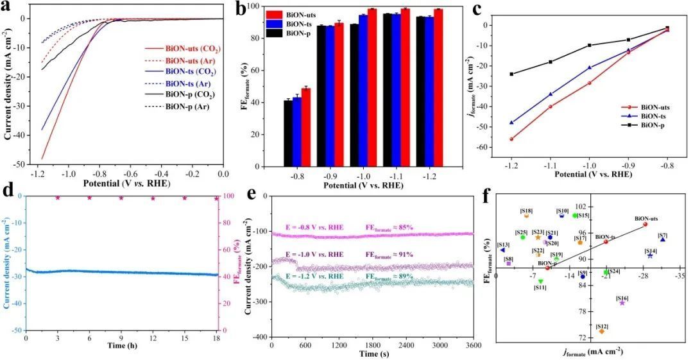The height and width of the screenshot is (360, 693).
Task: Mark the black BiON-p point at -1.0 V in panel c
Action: tap(589, 45)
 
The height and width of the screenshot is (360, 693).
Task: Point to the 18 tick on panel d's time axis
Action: tap(216, 338)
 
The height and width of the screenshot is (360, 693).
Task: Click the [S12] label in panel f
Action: tap(602, 326)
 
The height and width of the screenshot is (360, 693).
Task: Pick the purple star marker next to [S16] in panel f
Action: tap(622, 303)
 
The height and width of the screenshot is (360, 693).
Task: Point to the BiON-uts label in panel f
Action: tap(646, 219)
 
